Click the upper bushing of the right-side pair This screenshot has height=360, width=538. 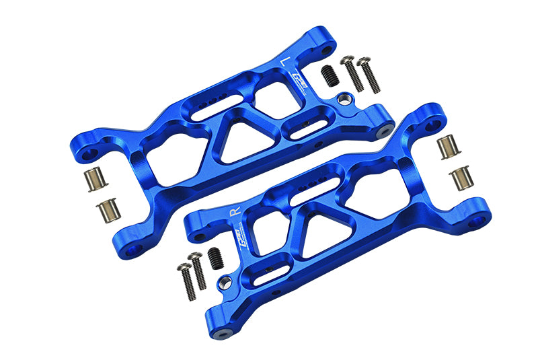coord(446,147)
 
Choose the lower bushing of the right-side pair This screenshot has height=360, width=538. coord(461,178)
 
